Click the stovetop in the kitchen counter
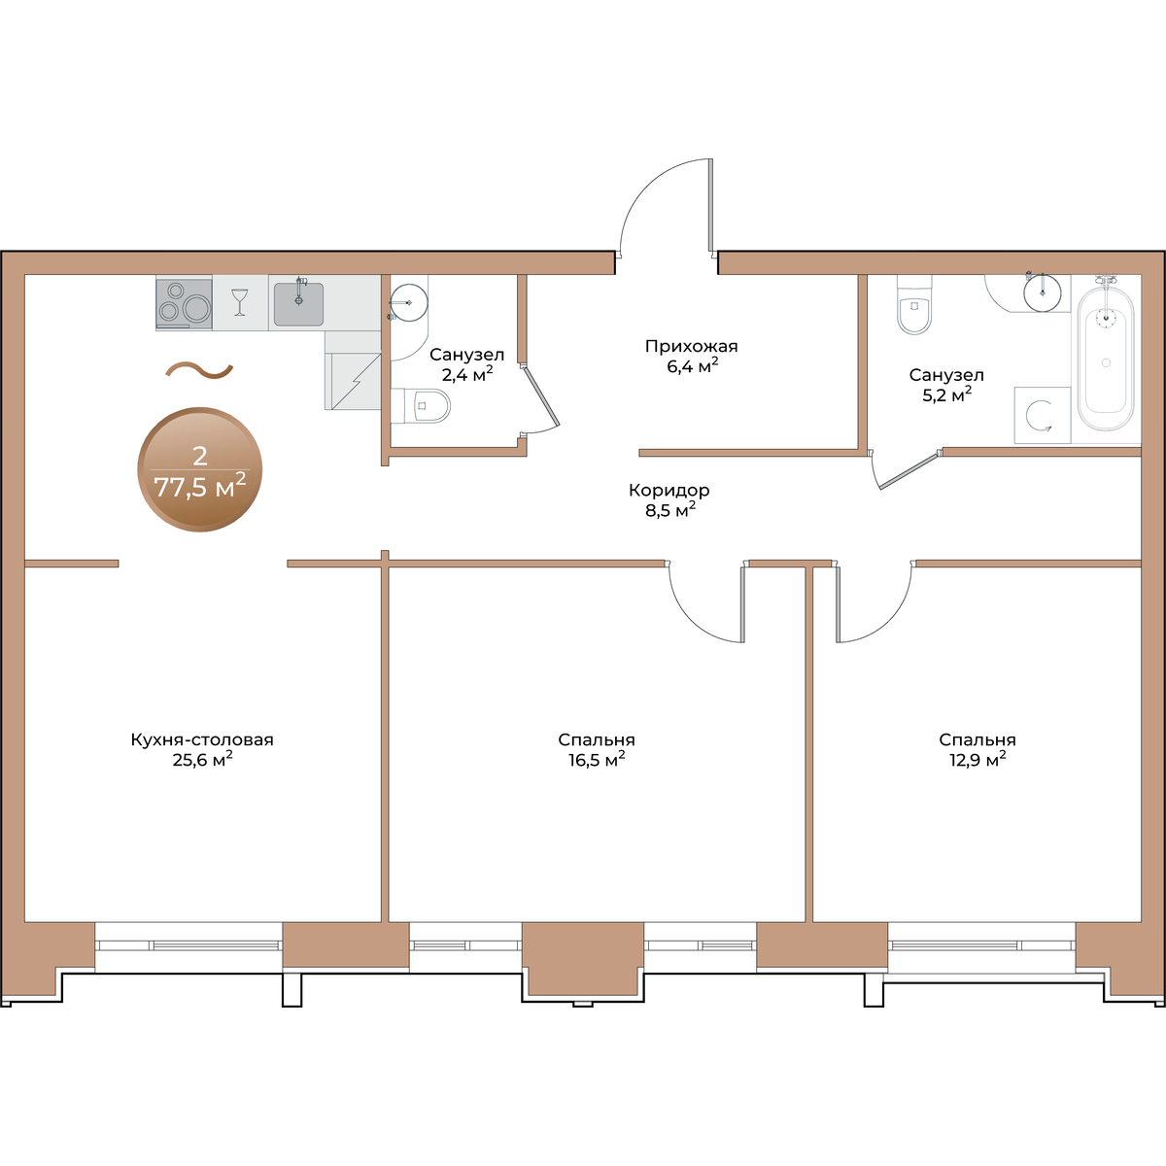tap(184, 303)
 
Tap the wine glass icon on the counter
tap(240, 302)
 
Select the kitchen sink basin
tap(298, 304)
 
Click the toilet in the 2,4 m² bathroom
tap(421, 405)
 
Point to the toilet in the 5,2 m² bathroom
tap(914, 304)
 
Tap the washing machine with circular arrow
tap(1042, 415)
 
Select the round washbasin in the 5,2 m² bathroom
tap(1043, 292)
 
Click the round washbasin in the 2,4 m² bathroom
tap(409, 302)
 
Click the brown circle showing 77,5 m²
tap(200, 469)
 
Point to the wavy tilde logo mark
tap(199, 369)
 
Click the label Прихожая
tap(691, 346)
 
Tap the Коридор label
tap(669, 490)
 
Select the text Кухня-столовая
tap(202, 739)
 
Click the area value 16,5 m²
tap(597, 760)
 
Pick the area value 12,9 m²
tap(977, 760)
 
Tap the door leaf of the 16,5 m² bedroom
tap(741, 603)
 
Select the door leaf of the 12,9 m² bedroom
tap(838, 603)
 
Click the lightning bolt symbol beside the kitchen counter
tap(356, 381)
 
